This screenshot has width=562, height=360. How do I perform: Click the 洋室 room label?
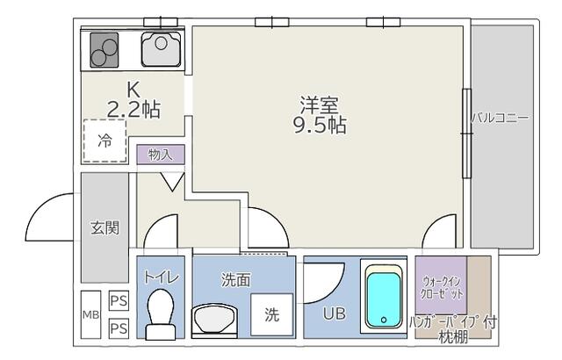pyautogui.click(x=320, y=104)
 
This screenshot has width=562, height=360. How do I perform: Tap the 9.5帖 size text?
pyautogui.click(x=320, y=125)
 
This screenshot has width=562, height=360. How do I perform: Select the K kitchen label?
pyautogui.click(x=133, y=90)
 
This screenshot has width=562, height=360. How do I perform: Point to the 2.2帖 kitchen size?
pyautogui.click(x=133, y=110)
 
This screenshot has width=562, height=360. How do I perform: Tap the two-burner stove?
pyautogui.click(x=104, y=49)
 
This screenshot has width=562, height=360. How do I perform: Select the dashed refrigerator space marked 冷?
pyautogui.click(x=104, y=140)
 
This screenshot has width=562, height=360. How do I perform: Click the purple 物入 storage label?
pyautogui.click(x=160, y=155)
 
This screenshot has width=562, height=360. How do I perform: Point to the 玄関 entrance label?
pyautogui.click(x=104, y=227)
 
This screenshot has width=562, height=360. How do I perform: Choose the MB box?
pyautogui.click(x=90, y=315)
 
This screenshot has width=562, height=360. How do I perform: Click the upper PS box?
pyautogui.click(x=119, y=300)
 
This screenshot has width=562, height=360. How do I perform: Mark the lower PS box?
pyautogui.click(x=119, y=328)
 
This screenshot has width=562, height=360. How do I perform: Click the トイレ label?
pyautogui.click(x=162, y=277)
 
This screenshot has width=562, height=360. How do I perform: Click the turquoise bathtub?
pyautogui.click(x=384, y=299)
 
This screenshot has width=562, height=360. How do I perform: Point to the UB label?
pyautogui.click(x=334, y=313)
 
